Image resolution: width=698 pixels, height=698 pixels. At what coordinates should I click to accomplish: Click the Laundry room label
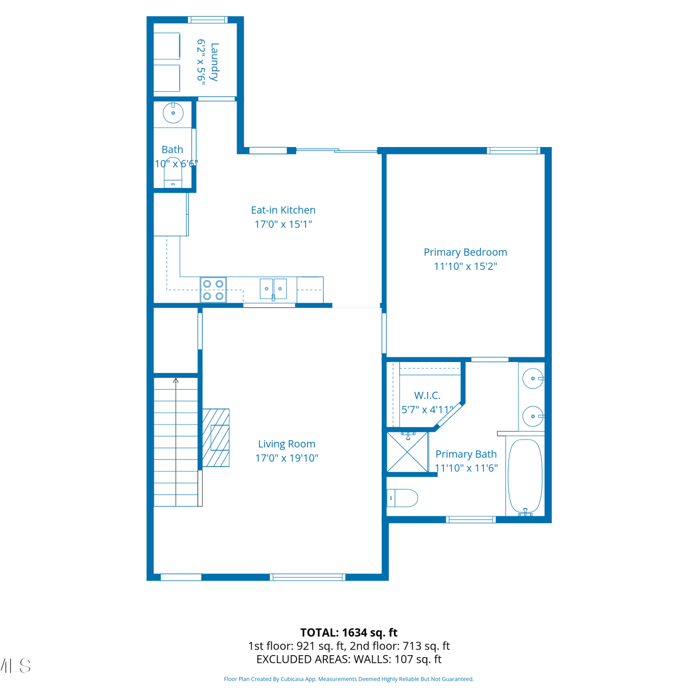coord(214,62)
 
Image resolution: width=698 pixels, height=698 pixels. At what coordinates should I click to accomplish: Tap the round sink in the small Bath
coord(173,113)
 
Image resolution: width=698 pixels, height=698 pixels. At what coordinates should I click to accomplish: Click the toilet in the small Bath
coord(173,173)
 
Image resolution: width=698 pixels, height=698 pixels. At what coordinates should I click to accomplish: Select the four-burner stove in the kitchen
coord(213,290)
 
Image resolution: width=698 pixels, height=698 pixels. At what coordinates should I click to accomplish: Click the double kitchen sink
coord(273,289)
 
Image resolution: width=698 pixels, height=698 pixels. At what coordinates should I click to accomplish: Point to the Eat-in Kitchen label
coord(283,210)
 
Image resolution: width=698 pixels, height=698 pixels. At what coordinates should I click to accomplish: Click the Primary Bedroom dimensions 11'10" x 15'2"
coord(465,267)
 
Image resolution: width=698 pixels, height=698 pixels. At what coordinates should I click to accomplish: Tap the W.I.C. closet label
coord(427,396)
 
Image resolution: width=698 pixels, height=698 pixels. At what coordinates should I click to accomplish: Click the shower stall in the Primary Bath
coord(408,452)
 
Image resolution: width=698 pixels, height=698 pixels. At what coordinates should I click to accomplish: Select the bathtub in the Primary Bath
coord(525,477)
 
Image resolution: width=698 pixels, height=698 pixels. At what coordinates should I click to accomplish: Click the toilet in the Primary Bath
coord(403,498)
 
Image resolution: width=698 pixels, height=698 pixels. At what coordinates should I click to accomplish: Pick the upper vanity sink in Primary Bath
coord(533,379)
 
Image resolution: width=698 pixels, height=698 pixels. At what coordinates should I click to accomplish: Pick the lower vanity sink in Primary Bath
coord(533,416)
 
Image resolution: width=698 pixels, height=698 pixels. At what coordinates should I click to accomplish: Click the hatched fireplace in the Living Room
coord(216,437)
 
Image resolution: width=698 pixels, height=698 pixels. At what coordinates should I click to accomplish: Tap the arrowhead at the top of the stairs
coord(176,381)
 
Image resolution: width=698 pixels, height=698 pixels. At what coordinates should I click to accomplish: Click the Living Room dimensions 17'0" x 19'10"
coord(287,458)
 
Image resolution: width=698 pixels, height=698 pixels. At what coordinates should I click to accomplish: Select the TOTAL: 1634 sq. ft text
coord(349,633)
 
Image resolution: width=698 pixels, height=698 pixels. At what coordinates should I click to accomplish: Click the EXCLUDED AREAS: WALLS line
coord(349,659)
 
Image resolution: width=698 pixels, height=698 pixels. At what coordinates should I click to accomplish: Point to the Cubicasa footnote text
coord(349,679)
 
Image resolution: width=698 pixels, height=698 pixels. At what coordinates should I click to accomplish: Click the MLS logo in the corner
coord(15,666)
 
